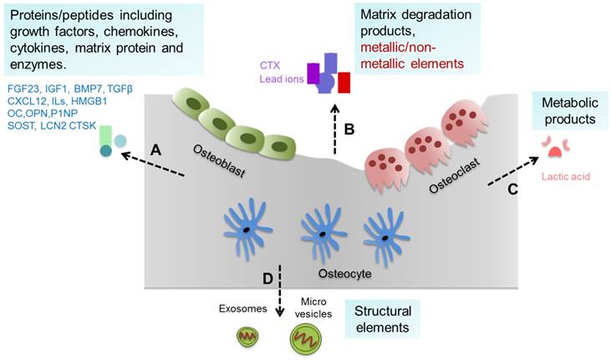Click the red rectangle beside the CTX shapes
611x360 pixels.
click(x=344, y=84)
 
